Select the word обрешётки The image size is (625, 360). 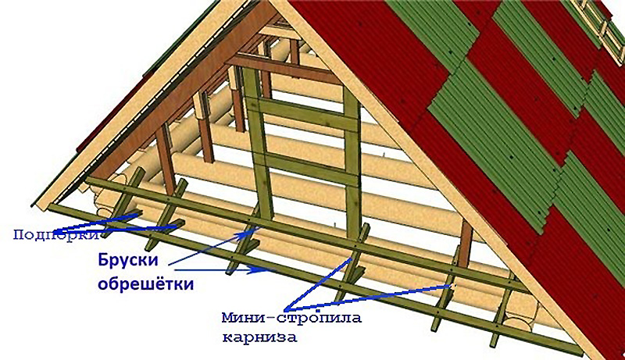pos(145,283)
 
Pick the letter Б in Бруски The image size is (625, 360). pos(104,260)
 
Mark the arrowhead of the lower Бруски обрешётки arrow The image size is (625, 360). pos(269,271)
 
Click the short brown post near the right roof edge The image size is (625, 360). pos(466,241)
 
